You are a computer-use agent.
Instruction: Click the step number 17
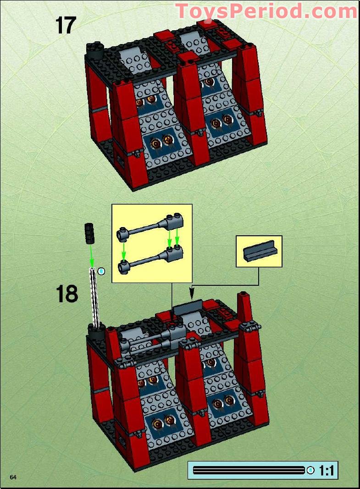66,25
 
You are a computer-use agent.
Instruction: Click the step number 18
66,294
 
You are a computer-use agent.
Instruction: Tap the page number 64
13,478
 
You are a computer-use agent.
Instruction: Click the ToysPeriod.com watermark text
266,11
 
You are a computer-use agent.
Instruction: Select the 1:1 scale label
327,470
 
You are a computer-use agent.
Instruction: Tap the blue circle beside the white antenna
102,271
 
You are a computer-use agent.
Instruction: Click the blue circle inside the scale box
311,470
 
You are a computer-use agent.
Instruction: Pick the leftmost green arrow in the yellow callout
123,248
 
